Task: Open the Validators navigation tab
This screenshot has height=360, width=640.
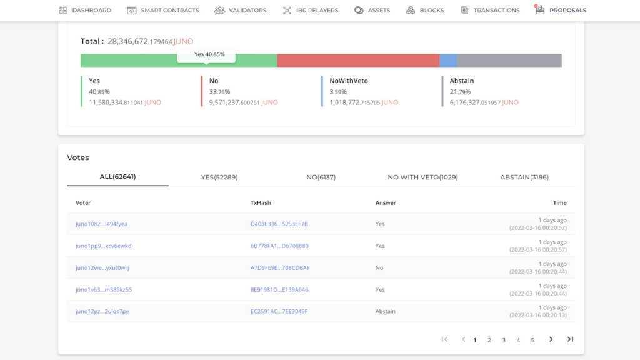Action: pos(241,10)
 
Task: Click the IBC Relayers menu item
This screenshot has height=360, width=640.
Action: pos(311,10)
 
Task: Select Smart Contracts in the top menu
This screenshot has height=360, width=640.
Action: pos(163,10)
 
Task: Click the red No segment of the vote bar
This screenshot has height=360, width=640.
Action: pos(358,61)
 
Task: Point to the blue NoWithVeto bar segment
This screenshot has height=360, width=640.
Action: pos(448,61)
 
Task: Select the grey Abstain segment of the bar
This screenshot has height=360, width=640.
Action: pos(509,61)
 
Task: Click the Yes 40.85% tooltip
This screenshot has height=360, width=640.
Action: pos(206,55)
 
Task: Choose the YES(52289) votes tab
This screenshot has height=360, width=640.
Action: pos(219,177)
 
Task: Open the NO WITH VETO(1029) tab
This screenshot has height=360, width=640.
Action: pos(423,177)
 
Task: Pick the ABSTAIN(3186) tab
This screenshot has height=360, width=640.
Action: pos(524,177)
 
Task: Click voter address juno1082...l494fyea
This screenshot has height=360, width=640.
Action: pos(101,224)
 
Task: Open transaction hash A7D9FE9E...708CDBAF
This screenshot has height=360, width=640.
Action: pos(280,267)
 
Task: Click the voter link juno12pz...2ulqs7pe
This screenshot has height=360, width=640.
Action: pos(102,311)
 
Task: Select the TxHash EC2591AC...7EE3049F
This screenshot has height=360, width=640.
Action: pos(279,311)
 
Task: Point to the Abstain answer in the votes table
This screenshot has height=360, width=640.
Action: pos(385,311)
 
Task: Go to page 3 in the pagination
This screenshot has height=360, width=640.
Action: pos(504,340)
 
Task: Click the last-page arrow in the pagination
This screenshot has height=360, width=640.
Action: pos(570,339)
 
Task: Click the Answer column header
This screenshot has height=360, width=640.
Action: pos(386,203)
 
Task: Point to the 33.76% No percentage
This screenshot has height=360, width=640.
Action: pos(219,92)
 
